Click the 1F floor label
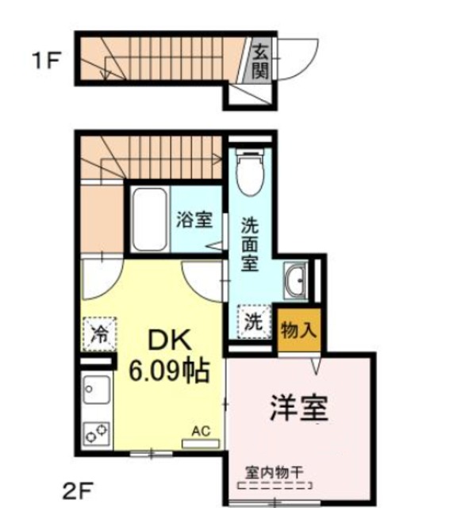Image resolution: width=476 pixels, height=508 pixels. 45,60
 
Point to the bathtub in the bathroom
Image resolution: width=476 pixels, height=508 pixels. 148,219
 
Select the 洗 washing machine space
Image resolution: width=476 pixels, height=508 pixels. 252,323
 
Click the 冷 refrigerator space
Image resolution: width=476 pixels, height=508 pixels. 99,331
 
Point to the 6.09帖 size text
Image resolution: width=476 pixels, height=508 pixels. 169,370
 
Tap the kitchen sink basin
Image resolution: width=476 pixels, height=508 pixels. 97,391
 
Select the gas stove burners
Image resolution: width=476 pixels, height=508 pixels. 97,433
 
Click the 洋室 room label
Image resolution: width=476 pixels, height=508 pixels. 298,409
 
